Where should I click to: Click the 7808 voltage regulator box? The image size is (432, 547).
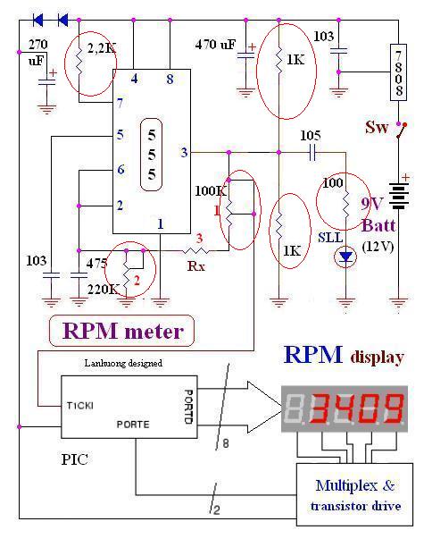398,72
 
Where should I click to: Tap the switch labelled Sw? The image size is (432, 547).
402,130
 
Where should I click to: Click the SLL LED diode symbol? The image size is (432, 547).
345,257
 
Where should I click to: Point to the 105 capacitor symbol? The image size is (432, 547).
312,153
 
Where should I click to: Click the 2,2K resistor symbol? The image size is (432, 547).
79,62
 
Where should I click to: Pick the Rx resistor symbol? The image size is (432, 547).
195,250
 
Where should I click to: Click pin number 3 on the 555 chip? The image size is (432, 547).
184,152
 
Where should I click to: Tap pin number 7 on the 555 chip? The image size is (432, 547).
120,103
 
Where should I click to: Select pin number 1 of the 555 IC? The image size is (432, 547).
161,224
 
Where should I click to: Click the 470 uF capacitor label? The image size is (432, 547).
215,45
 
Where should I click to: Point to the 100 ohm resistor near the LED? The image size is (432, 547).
345,203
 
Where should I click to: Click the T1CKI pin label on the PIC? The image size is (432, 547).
80,406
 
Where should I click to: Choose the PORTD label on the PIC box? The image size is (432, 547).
188,407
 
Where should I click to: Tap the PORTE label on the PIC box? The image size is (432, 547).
133,425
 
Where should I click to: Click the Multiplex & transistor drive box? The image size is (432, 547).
354,494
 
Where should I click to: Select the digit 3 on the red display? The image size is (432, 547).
321,408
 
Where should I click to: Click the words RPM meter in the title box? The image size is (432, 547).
122,331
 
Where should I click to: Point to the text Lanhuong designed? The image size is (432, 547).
123,363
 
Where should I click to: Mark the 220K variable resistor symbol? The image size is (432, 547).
128,274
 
